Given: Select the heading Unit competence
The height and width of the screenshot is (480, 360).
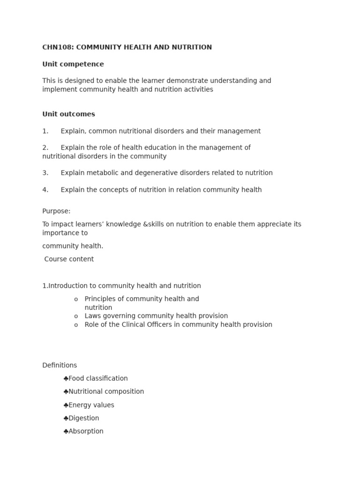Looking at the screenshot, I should (73, 64).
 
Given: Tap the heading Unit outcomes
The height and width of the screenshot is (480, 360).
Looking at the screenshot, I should (68, 114).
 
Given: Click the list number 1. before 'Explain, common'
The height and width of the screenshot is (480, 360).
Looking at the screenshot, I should (45, 131).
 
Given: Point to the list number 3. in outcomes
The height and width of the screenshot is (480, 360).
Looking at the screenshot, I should (45, 173).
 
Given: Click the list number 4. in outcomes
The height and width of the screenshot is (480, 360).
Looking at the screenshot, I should (45, 190).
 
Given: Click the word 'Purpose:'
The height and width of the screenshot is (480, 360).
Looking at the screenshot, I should (56, 211).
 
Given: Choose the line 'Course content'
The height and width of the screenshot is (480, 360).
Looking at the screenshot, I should (69, 259).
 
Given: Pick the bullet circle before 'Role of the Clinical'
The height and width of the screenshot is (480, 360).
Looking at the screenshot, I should (76, 325).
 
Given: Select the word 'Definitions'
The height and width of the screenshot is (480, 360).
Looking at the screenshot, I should (60, 366).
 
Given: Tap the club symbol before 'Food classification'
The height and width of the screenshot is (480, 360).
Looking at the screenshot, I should (66, 379).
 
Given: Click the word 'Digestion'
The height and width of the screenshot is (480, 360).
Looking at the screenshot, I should (84, 418).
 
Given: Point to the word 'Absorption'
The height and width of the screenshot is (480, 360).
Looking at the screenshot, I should (86, 431).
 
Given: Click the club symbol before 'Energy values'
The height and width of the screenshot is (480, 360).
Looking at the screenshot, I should (66, 405).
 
